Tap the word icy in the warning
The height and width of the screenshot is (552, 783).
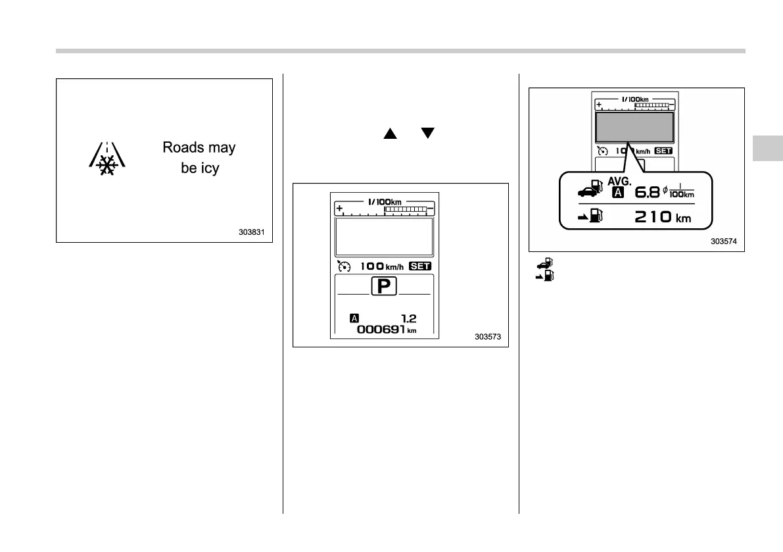209,168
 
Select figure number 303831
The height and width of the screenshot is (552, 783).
253,232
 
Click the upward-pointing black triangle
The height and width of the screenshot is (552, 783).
390,134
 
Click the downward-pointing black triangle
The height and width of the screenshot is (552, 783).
429,134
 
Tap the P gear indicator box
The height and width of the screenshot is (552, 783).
383,287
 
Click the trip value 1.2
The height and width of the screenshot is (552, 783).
408,318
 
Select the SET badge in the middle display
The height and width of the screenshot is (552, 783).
420,266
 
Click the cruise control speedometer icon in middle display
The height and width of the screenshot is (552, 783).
343,266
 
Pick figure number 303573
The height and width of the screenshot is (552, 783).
488,337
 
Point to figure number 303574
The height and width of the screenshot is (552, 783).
724,241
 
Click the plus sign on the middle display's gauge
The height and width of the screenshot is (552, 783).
340,209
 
